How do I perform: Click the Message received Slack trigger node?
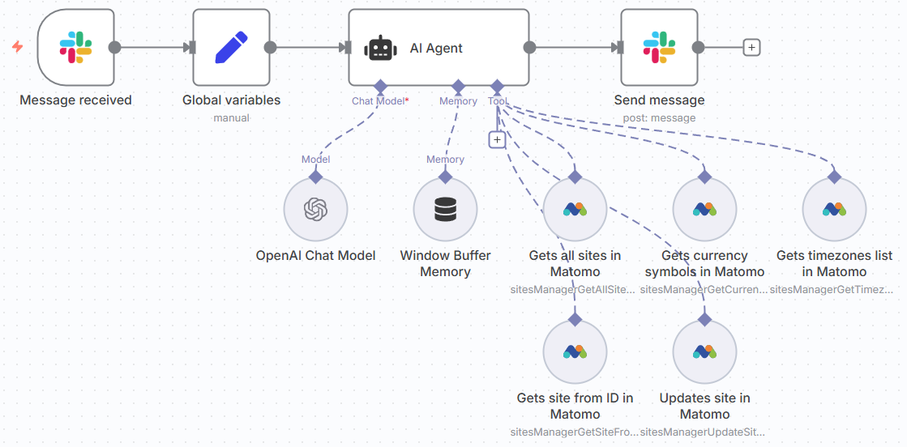(x=75, y=47)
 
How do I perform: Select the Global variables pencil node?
(x=231, y=47)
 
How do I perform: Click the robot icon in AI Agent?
(x=380, y=48)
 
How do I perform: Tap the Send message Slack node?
(x=659, y=47)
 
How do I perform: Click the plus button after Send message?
(x=751, y=48)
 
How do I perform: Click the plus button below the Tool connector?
(x=497, y=139)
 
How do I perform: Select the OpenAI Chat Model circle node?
(x=315, y=210)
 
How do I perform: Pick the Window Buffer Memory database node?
(x=445, y=210)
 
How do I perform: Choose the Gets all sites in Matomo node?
(x=575, y=210)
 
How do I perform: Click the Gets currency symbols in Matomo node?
(x=704, y=210)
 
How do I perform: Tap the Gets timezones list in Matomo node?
(x=834, y=210)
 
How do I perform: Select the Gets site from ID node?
(x=575, y=352)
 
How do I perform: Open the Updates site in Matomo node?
(x=704, y=352)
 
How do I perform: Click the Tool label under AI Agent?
(x=498, y=101)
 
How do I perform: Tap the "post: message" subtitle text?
(x=659, y=118)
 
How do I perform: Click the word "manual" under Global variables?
(x=231, y=118)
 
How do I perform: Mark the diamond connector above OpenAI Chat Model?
(x=315, y=176)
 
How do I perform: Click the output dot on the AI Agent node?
(x=529, y=47)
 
